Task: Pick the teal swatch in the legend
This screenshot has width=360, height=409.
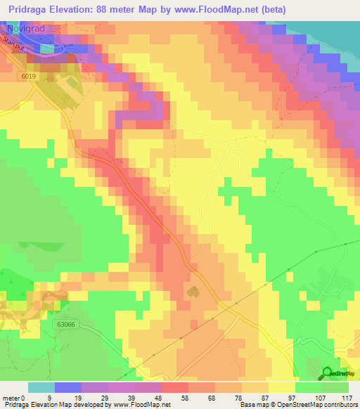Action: (x=41, y=387)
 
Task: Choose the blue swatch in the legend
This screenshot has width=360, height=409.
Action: (x=68, y=387)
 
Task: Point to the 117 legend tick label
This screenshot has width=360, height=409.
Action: (x=347, y=397)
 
